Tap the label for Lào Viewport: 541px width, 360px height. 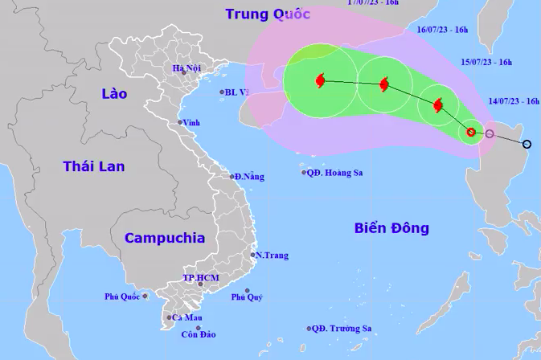[114, 94]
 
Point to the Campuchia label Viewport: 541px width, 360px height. [165, 238]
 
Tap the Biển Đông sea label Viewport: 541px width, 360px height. [391, 228]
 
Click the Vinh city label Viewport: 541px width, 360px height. [191, 122]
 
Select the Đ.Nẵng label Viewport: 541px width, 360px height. [248, 176]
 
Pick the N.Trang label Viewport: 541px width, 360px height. [272, 256]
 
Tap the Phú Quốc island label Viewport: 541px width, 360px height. [122, 297]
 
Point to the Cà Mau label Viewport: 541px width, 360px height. [186, 317]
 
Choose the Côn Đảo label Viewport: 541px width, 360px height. [197, 334]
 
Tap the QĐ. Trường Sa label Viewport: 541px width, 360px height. [342, 329]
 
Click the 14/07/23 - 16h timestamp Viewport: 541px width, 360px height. [514, 101]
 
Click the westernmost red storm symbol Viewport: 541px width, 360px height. [321, 80]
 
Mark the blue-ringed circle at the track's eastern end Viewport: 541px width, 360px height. [527, 145]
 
